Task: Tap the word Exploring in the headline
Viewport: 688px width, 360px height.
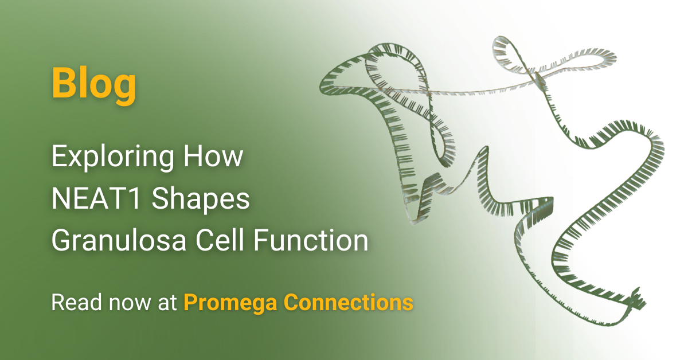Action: coord(113,158)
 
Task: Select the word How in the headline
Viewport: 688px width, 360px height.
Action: coord(213,156)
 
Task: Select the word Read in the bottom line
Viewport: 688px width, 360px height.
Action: coord(76,302)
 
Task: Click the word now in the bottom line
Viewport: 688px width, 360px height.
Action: coord(130,304)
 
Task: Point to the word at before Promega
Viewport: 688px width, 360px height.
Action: coord(167,303)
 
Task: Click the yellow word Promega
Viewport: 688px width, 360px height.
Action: coord(230,304)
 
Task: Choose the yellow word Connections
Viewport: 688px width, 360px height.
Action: coord(348,302)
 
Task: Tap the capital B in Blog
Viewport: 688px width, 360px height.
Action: coord(63,83)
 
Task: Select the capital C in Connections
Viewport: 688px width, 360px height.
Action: coord(292,302)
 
